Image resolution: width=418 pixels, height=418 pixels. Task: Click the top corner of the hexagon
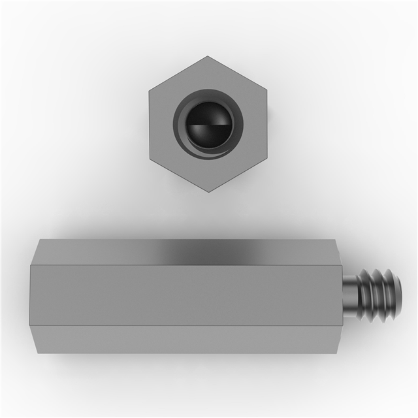pos(208,57)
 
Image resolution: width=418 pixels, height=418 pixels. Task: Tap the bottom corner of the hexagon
pos(208,191)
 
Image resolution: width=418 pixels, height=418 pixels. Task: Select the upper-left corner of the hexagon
pos(150,90)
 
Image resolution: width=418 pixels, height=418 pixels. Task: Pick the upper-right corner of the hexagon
pos(267,90)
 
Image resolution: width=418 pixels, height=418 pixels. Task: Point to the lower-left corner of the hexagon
pos(150,158)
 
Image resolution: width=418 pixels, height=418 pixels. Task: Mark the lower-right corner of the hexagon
pos(267,158)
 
